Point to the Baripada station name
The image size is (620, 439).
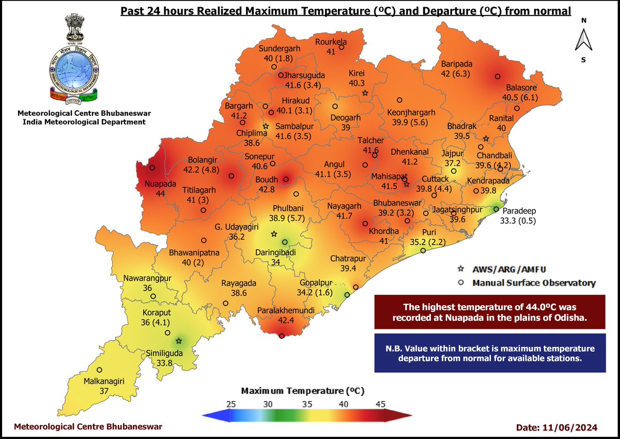456,64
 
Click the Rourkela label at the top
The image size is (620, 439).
331,42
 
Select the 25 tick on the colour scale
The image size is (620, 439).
231,403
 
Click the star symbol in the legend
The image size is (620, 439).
461,269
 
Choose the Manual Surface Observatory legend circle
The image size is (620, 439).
461,283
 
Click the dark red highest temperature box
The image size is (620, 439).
490,312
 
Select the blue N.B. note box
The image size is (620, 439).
490,353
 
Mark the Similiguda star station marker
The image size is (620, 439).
179,341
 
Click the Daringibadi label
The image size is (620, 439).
276,253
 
